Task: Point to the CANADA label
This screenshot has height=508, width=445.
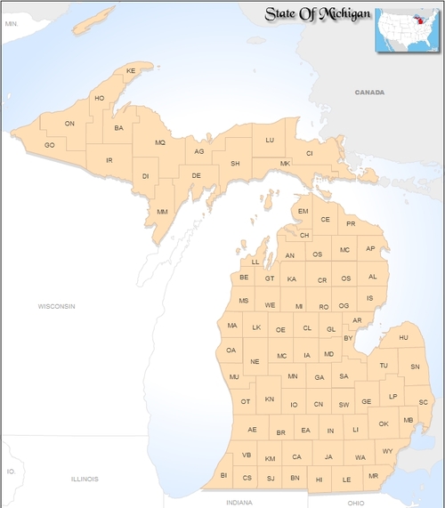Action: point(369,93)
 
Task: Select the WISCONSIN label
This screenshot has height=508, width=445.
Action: point(56,306)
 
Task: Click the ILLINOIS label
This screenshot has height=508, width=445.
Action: point(85,479)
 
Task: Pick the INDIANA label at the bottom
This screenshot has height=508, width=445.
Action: point(239,503)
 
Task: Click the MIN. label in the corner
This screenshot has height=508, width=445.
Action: point(12,23)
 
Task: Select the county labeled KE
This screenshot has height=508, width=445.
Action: point(131,70)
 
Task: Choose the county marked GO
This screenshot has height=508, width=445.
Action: point(50,145)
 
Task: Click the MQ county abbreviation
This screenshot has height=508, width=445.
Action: point(160,142)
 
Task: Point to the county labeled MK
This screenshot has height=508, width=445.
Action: point(285,164)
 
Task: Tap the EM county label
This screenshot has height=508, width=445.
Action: point(303,211)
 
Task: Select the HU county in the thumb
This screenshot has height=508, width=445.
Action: point(403,338)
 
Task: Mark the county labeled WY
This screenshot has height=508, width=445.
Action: point(387,451)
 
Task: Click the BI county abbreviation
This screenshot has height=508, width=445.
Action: point(224,476)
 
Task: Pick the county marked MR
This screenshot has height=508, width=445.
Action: point(373,476)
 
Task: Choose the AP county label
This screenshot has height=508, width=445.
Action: point(371,249)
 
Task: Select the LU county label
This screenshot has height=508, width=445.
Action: point(270,141)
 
